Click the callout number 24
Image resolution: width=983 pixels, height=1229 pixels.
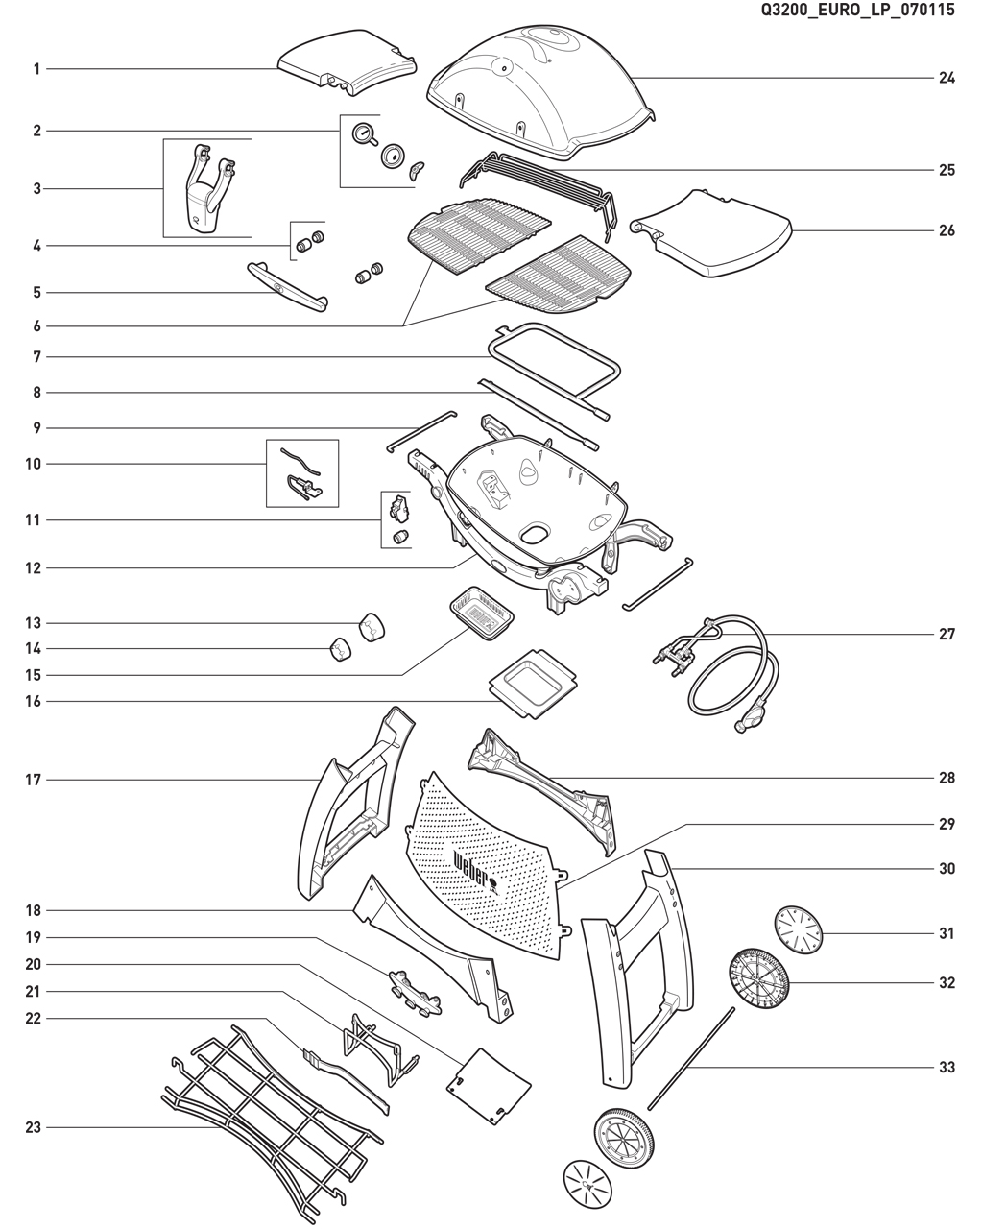click(x=947, y=78)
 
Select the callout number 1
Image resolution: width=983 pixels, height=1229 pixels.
click(x=36, y=69)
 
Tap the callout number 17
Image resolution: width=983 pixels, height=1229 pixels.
click(x=34, y=781)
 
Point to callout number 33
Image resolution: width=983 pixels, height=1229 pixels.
click(x=947, y=1067)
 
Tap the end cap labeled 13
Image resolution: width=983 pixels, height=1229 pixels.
click(x=371, y=625)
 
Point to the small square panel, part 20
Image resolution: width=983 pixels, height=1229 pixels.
click(x=490, y=1085)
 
